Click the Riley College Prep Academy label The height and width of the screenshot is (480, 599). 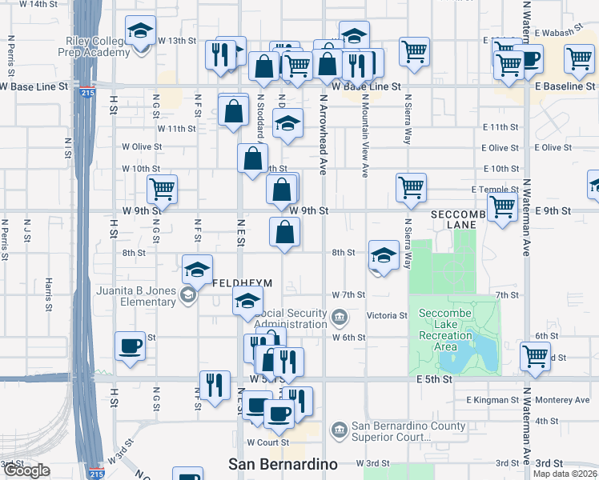[94, 46]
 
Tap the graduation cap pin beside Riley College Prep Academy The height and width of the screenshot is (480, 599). [141, 33]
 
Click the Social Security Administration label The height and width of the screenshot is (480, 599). [291, 319]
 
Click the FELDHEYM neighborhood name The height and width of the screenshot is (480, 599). [243, 283]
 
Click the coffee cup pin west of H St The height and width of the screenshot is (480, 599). [131, 346]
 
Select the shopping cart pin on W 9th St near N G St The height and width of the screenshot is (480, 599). [162, 190]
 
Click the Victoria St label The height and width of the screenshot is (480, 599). [387, 316]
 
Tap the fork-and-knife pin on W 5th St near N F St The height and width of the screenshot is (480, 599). [214, 386]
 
